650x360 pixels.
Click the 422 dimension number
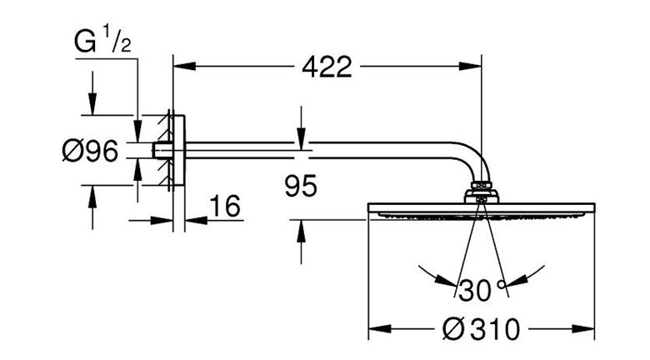point(327,67)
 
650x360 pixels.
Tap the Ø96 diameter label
point(90,151)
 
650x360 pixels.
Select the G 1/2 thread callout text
point(102,39)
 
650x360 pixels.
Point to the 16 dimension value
point(225,206)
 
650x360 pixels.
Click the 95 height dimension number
point(301,186)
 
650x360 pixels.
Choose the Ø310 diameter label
point(481,329)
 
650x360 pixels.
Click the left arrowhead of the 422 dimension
point(184,67)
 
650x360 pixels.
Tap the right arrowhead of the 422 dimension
point(471,67)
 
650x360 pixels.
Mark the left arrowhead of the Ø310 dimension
point(380,329)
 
